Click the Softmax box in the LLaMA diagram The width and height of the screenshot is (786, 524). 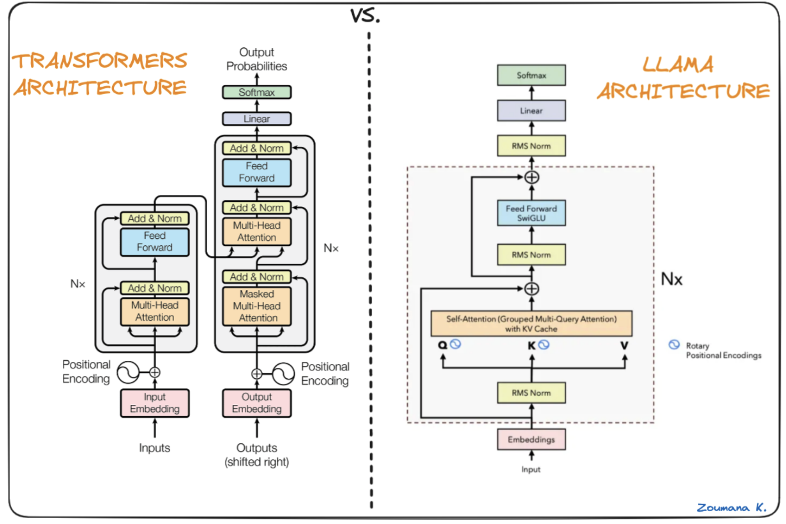coord(531,75)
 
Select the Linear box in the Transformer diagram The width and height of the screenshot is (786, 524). coord(257,119)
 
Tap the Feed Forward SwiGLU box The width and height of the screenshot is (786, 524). coord(531,213)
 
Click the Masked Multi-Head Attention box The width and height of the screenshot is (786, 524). coord(257,306)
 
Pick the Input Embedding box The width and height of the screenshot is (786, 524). coord(155,403)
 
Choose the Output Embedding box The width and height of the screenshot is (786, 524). coord(257,403)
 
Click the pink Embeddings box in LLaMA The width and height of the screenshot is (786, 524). coord(531,439)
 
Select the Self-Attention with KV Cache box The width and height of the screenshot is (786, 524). coord(531,323)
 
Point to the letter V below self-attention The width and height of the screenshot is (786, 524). coord(624,345)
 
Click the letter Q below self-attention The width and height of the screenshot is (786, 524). coord(442,345)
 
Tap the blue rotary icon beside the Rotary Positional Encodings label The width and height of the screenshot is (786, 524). coord(674,345)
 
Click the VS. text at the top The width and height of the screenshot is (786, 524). coord(365,16)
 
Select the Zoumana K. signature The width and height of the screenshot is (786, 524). coord(731,507)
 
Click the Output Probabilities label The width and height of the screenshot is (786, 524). coord(257,59)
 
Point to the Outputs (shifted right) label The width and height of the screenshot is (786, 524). coord(257,455)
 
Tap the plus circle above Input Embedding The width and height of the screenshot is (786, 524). coord(155,372)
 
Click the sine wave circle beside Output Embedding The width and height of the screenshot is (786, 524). coord(284,374)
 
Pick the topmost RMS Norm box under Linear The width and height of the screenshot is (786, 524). coord(531,146)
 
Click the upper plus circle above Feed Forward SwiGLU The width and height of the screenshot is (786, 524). coord(532,177)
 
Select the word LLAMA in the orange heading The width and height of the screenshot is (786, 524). coord(678,65)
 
